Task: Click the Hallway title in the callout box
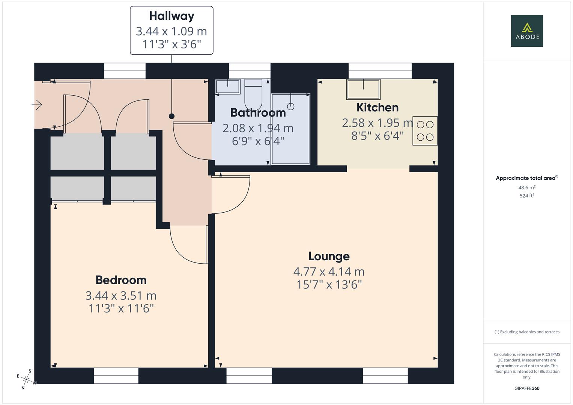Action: tap(171, 16)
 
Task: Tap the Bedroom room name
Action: tap(121, 280)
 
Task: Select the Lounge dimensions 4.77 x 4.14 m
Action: tap(329, 271)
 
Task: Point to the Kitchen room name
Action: tap(377, 108)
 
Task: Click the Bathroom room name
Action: tap(258, 112)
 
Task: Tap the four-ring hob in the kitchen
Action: tap(425, 131)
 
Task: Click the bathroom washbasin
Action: tap(227, 87)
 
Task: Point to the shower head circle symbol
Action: tap(290, 106)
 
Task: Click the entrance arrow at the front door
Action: tap(37, 105)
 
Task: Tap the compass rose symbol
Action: tap(26, 379)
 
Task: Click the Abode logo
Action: tap(526, 31)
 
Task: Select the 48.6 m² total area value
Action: tap(526, 187)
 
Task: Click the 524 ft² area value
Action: tap(526, 196)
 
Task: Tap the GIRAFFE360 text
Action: tap(526, 388)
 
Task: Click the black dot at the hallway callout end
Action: tap(171, 116)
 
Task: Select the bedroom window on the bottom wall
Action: tap(116, 375)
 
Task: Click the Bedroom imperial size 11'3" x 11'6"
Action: tap(121, 309)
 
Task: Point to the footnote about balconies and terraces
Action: tap(526, 332)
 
